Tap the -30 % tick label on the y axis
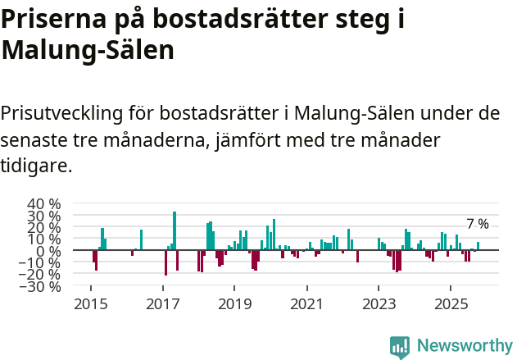43,286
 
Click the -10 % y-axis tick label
43,262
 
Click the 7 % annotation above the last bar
478,224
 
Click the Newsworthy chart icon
400,346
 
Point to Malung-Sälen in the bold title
88,51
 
